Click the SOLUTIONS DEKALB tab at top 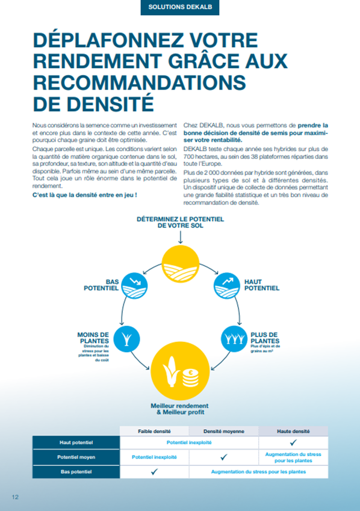tap(179, 8)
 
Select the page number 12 tap(15, 497)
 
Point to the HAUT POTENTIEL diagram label tap(261, 284)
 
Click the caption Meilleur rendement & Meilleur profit tap(180, 410)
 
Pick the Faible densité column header tap(154, 432)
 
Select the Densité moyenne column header tap(224, 432)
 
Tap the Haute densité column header tap(293, 432)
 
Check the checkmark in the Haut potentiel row tap(293, 443)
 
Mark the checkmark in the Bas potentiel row tap(154, 472)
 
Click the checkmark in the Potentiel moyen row tap(224, 457)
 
